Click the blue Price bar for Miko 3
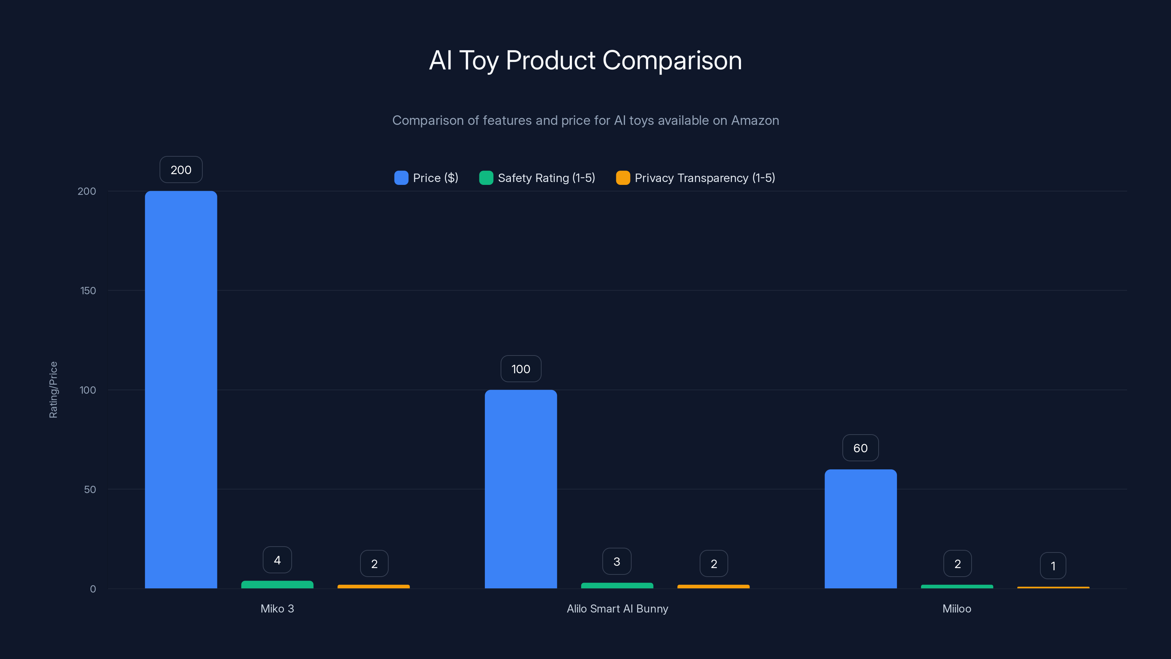click(x=181, y=389)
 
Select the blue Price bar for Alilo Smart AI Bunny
click(x=520, y=489)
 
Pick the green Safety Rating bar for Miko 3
click(x=277, y=584)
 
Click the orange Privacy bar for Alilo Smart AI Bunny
click(x=713, y=587)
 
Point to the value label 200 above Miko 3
click(x=181, y=170)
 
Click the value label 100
click(x=520, y=369)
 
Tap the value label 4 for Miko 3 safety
click(x=277, y=560)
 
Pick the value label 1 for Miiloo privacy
click(x=1053, y=566)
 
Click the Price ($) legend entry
click(x=426, y=178)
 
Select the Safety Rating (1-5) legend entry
click(x=537, y=178)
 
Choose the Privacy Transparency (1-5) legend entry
click(x=696, y=178)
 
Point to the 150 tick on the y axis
click(x=88, y=291)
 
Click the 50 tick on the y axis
click(x=90, y=489)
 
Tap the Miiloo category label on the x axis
click(x=957, y=608)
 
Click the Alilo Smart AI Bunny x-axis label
click(x=617, y=608)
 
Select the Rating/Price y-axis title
click(x=53, y=390)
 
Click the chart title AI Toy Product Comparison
click(x=585, y=60)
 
